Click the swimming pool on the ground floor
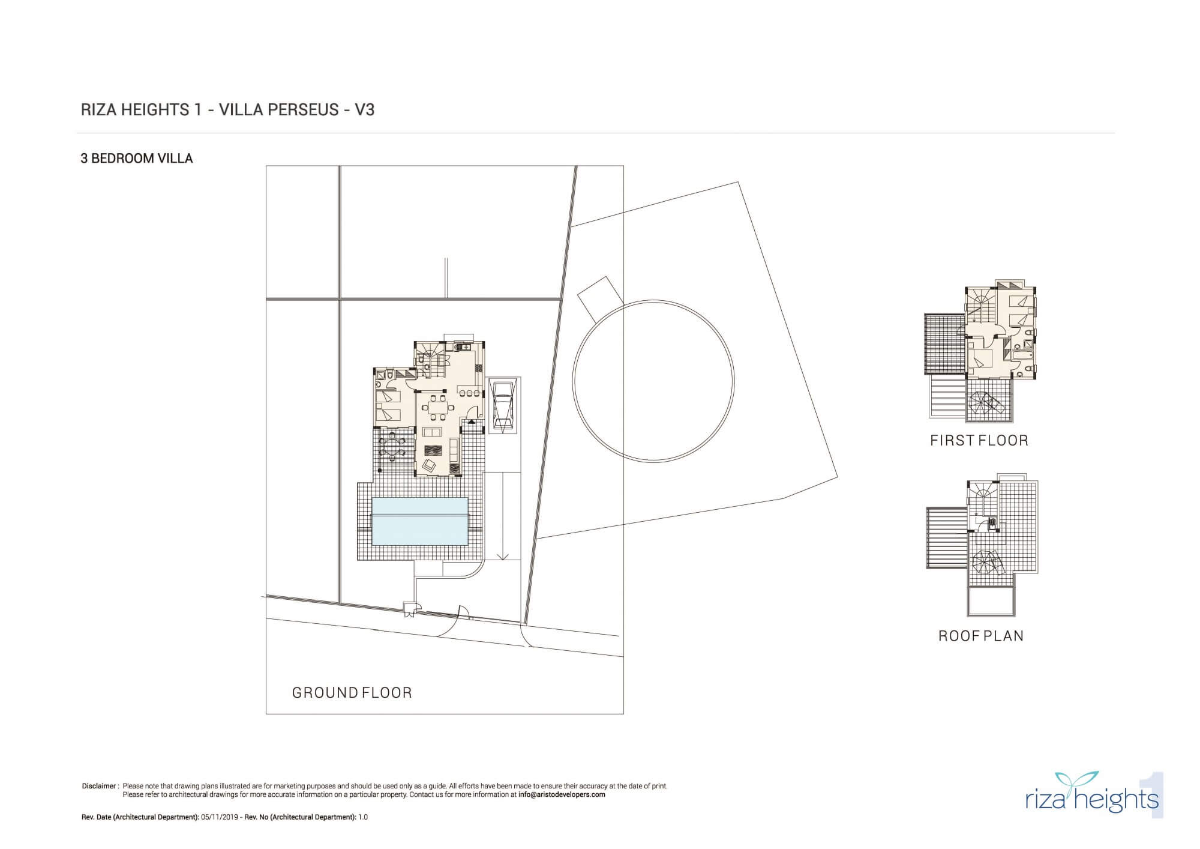coord(419,521)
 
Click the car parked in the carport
coord(502,405)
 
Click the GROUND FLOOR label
coord(352,693)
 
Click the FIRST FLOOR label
coord(979,441)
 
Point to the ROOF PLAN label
coord(981,636)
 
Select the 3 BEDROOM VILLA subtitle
coord(137,159)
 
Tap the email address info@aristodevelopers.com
coord(562,794)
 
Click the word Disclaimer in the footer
coord(99,786)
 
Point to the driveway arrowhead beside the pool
coord(503,556)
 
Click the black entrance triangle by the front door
coord(471,422)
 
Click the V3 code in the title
coord(365,110)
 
